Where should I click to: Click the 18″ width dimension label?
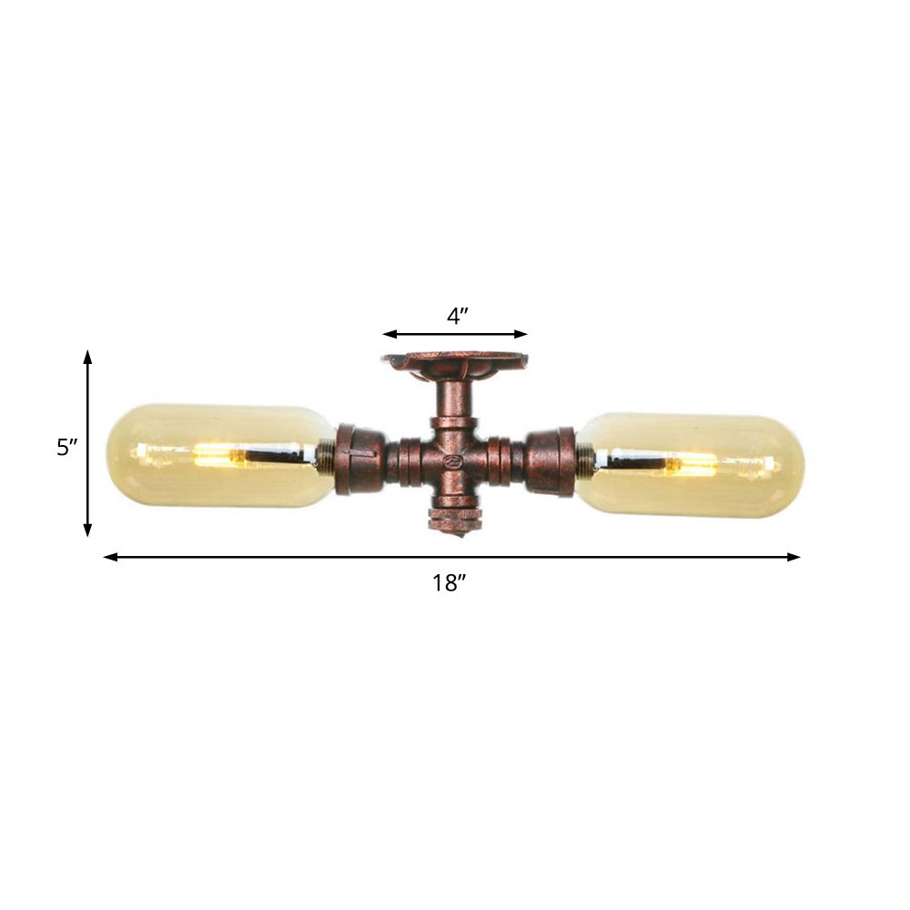coord(450,583)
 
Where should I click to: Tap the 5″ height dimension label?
coord(66,447)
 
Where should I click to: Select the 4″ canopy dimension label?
coord(457,316)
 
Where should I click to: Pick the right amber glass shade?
coord(692,465)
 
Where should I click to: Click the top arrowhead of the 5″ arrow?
coord(88,356)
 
